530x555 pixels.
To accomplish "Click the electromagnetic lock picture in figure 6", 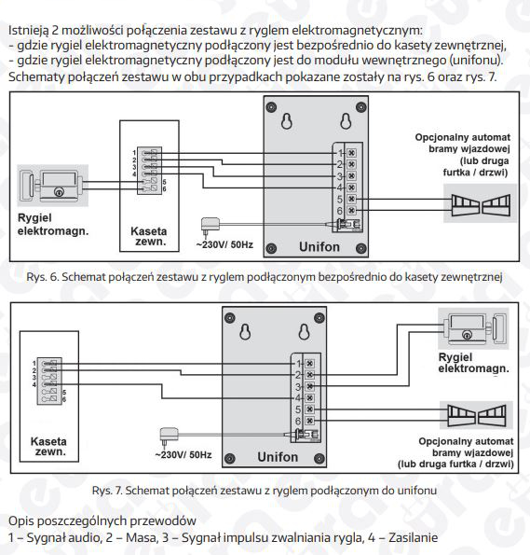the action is pos(53,185).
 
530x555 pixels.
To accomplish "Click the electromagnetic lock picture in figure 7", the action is pos(473,328).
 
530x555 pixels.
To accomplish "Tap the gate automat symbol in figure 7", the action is pos(476,415).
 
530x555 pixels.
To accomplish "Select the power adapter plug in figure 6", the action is pos(210,226).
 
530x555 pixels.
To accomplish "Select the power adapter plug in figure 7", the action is pos(169,437).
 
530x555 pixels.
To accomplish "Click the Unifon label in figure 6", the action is pos(319,246).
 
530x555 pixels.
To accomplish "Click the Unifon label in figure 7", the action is pos(278,457).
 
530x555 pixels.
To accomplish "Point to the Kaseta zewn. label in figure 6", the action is pos(148,236).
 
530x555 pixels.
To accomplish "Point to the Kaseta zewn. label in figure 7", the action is pos(48,447).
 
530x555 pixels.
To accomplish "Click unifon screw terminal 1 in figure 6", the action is pos(351,153).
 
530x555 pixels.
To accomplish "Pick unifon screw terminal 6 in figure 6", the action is pos(351,211).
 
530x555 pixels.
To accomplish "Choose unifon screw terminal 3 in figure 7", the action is pos(310,386).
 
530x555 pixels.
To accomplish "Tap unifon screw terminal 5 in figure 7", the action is pos(310,409).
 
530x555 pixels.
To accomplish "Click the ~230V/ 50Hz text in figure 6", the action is pos(224,244).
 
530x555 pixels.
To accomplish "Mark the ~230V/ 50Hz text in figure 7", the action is pos(183,455).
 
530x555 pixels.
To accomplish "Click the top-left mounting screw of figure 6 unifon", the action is pos(271,107).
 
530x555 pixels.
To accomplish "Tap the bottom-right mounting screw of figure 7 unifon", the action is pos(319,458).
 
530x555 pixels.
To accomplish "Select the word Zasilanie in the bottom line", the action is pos(413,537).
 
